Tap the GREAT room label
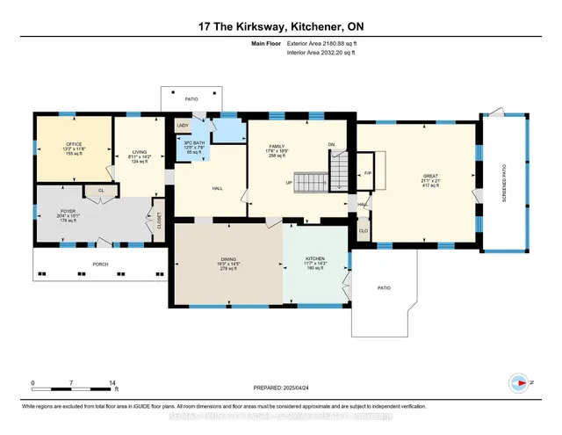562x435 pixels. click(x=429, y=177)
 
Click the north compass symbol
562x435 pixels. click(x=518, y=383)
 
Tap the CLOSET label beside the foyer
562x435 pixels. click(x=159, y=220)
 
